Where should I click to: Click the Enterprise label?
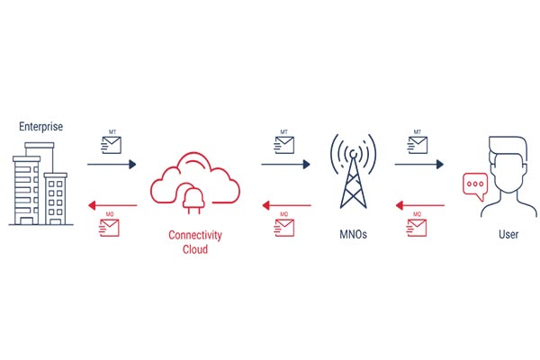click(41, 127)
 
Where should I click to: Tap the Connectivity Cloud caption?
click(195, 242)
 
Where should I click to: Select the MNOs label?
click(353, 234)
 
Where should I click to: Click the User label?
click(508, 234)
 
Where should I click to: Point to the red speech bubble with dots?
click(475, 186)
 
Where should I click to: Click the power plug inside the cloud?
click(193, 199)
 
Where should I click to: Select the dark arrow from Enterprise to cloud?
click(112, 165)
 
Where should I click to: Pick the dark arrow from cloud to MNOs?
click(286, 165)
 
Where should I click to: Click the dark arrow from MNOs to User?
click(419, 165)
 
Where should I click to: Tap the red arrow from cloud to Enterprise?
click(112, 206)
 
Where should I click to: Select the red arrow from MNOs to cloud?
click(286, 206)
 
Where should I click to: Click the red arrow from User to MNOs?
click(420, 206)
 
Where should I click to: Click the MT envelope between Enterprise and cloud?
click(112, 145)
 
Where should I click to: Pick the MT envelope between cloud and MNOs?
click(284, 145)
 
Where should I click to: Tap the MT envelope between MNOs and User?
click(418, 145)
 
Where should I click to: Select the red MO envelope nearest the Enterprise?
click(109, 228)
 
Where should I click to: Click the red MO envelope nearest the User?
click(417, 228)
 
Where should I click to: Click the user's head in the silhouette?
click(508, 164)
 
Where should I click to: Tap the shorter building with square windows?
click(56, 199)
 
